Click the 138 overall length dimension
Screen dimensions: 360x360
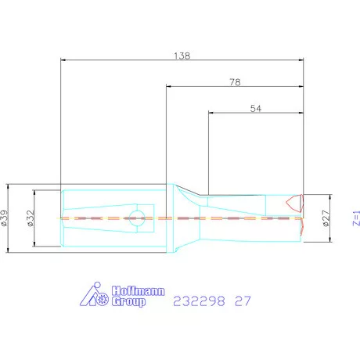(182, 56)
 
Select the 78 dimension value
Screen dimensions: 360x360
(235, 82)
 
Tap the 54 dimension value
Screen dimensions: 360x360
(255, 109)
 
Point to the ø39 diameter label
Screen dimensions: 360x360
(5, 218)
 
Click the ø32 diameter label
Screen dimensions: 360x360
(31, 218)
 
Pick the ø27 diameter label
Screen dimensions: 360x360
(326, 218)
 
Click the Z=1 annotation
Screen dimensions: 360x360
(356, 218)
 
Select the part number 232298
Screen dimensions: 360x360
(199, 301)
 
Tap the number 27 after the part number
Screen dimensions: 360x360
(243, 301)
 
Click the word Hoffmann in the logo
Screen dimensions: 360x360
(139, 291)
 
